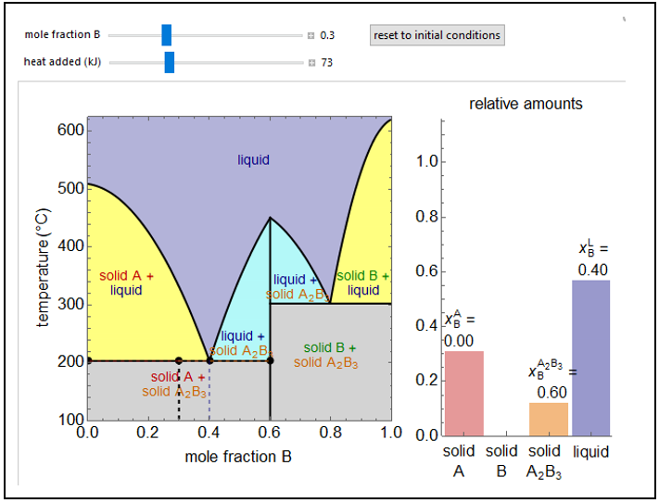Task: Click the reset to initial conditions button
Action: [x=437, y=35]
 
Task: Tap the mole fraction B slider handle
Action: [x=167, y=35]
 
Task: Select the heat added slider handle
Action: [x=170, y=62]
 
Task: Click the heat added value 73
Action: [x=327, y=63]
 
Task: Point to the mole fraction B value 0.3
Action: [x=327, y=36]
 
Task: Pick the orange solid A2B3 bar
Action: [x=548, y=418]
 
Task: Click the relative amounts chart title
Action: [x=526, y=104]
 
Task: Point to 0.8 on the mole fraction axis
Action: [x=330, y=432]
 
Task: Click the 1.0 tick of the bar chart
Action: [x=425, y=162]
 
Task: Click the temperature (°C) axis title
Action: [x=44, y=267]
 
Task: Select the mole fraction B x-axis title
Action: [x=231, y=456]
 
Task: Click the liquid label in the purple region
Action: [x=253, y=159]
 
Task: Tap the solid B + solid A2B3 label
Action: [x=328, y=355]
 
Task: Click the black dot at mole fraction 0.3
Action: [x=179, y=360]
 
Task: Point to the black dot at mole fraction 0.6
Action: [x=271, y=360]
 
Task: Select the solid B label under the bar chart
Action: [x=501, y=460]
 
